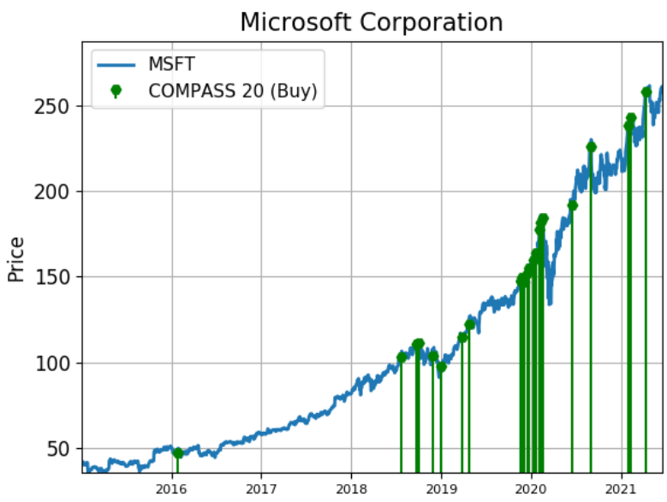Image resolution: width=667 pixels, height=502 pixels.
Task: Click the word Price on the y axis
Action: pyautogui.click(x=15, y=259)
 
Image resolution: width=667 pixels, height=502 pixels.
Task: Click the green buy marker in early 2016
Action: pyautogui.click(x=177, y=453)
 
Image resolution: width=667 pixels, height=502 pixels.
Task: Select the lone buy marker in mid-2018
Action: pyautogui.click(x=402, y=357)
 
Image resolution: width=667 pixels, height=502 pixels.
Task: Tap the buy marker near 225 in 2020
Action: pyautogui.click(x=591, y=147)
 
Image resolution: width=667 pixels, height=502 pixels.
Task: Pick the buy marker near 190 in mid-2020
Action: pyautogui.click(x=572, y=205)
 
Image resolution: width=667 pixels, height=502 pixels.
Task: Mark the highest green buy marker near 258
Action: pyautogui.click(x=646, y=92)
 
